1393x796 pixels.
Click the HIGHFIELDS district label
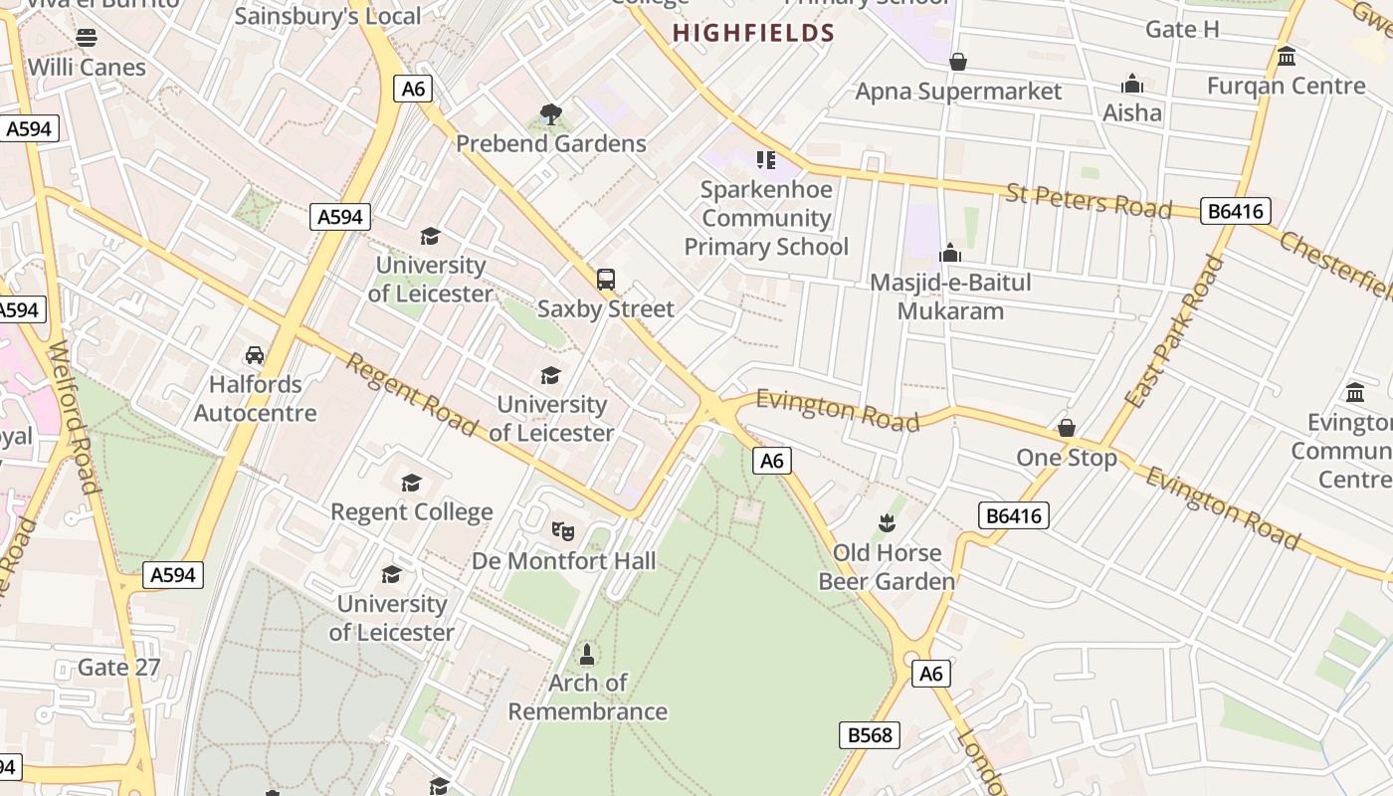(x=753, y=33)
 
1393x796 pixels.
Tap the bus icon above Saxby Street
(x=606, y=280)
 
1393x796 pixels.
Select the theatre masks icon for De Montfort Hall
(x=563, y=531)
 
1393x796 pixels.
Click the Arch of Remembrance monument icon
(x=587, y=655)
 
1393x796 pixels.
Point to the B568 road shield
(x=869, y=735)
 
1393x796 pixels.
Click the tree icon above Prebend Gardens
(x=550, y=114)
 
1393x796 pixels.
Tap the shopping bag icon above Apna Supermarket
(x=958, y=63)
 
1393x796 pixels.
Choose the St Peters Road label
(x=1089, y=199)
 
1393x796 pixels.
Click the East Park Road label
(x=1174, y=330)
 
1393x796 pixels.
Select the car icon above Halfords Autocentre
(x=255, y=355)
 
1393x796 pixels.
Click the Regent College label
(x=412, y=512)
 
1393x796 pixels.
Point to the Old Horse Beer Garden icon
(x=887, y=523)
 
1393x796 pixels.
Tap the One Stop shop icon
(x=1067, y=429)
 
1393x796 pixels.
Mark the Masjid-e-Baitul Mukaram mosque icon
(x=950, y=253)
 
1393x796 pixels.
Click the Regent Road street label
(x=411, y=393)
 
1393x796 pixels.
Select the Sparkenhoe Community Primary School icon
(x=765, y=159)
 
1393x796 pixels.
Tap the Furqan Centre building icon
(x=1287, y=57)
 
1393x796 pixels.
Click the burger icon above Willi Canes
(x=87, y=38)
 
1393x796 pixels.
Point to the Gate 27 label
(x=119, y=667)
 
